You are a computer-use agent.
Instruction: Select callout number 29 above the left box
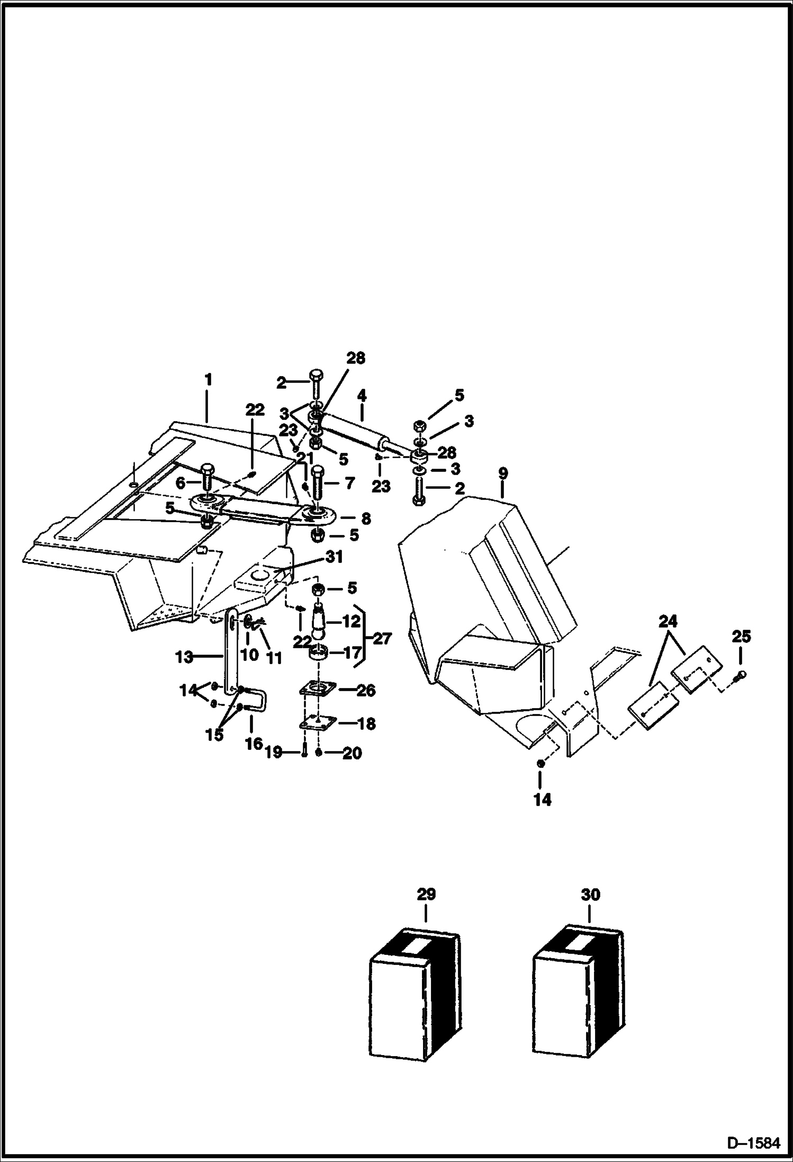click(426, 895)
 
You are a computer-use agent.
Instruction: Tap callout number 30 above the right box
click(590, 895)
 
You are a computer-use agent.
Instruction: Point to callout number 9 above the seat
click(503, 473)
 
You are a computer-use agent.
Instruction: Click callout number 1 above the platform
click(208, 379)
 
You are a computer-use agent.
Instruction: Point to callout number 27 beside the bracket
click(382, 639)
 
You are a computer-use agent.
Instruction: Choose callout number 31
click(334, 557)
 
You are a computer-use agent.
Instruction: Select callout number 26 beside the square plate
click(366, 690)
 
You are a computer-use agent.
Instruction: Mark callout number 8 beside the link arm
click(365, 519)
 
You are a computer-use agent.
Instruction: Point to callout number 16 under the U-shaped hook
click(254, 744)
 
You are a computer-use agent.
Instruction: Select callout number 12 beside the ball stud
click(351, 621)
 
